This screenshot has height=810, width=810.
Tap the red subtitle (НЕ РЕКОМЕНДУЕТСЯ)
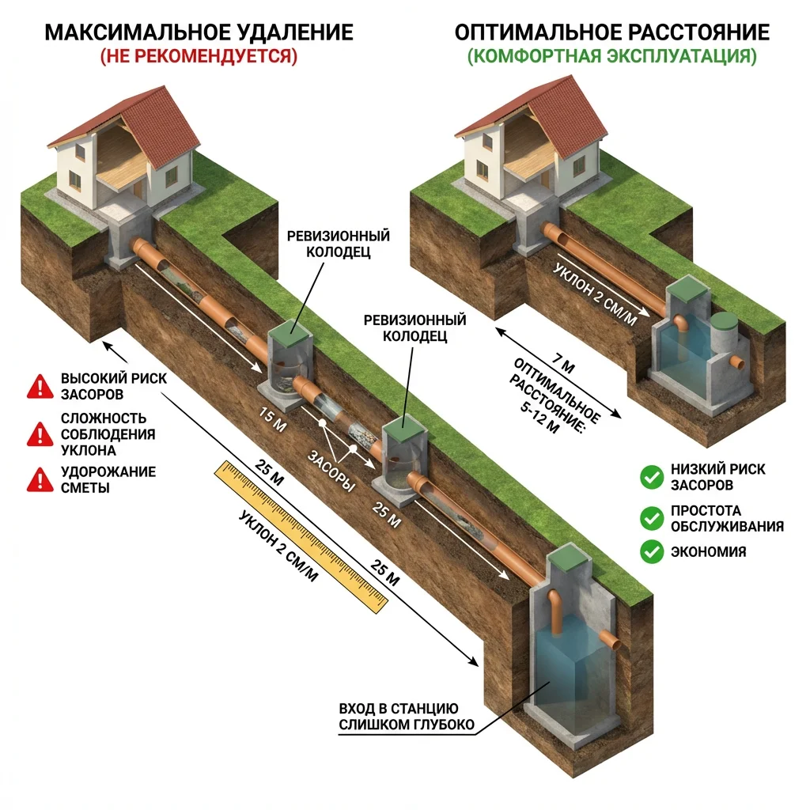pos(199,57)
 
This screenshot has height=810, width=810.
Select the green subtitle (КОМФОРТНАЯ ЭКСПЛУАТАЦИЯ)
pos(611,57)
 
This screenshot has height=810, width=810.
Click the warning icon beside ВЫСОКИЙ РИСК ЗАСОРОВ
pos(37,386)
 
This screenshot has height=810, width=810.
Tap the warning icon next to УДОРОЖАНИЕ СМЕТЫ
pos(37,479)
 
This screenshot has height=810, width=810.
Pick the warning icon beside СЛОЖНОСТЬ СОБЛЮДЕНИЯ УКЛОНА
pos(37,433)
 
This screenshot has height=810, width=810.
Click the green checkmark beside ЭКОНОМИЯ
pos(651,551)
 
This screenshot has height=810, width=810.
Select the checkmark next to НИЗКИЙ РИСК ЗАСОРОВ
pos(651,476)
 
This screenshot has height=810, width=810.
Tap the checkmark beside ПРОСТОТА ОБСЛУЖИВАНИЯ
pos(651,518)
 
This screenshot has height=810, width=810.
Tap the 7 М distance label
pos(564,365)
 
